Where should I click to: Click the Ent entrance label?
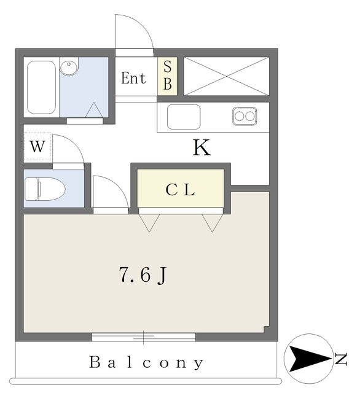(133, 78)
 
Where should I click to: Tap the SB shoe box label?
(168, 76)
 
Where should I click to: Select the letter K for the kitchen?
(202, 147)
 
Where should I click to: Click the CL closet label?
(180, 190)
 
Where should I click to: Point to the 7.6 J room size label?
(143, 275)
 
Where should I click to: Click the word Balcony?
(146, 362)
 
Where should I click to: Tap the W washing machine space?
(37, 146)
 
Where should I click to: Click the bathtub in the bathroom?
(41, 87)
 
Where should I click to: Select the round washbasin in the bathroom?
(69, 67)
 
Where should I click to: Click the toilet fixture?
(45, 189)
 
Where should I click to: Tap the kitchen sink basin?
(184, 117)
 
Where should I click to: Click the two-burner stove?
(245, 116)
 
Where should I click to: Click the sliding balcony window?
(144, 337)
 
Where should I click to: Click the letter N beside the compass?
(341, 359)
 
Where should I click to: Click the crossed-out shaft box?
(226, 76)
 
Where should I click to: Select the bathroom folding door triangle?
(94, 110)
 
